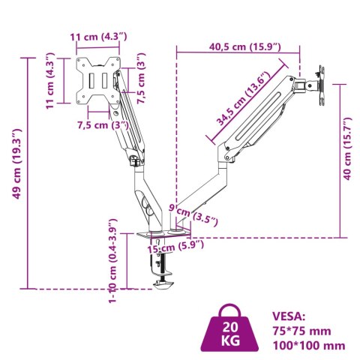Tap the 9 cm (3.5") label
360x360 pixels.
tap(193, 216)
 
